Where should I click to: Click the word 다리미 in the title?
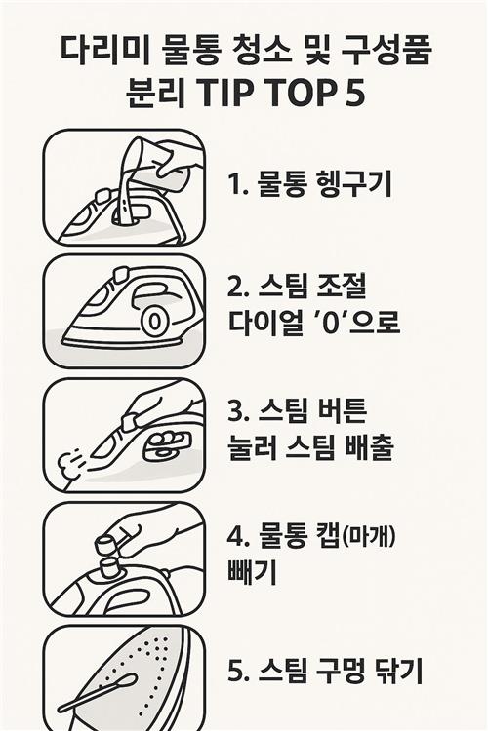[x=105, y=51]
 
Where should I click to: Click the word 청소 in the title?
[x=259, y=51]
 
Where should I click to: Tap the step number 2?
[x=235, y=288]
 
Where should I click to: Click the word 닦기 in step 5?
[x=399, y=671]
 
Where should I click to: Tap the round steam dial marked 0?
[x=155, y=322]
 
